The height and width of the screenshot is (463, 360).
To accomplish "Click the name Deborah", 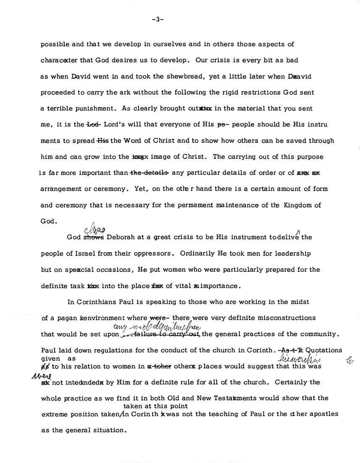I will click(122, 237).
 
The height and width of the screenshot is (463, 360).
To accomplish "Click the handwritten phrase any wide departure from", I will click(158, 327).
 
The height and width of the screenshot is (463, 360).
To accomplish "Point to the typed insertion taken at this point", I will click(155, 406).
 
